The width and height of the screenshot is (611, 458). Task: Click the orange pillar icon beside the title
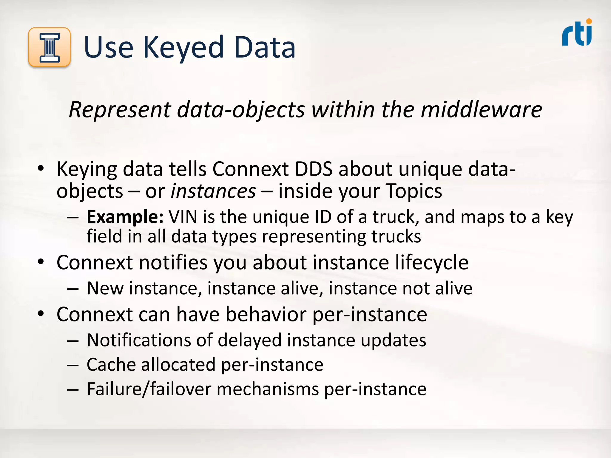click(50, 47)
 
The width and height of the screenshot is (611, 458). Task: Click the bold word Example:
click(125, 217)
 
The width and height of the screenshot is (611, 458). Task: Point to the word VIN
click(183, 217)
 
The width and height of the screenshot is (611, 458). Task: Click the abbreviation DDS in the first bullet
click(313, 169)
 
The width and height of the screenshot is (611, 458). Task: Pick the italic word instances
click(213, 191)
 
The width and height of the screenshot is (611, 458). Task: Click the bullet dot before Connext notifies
click(41, 262)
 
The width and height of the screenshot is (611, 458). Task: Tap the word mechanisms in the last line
click(268, 389)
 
